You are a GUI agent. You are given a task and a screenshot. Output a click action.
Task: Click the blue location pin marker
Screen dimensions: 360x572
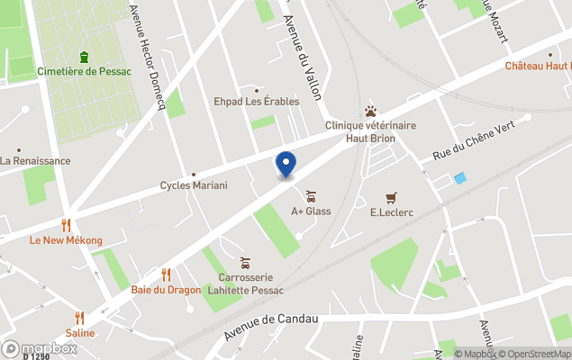286,164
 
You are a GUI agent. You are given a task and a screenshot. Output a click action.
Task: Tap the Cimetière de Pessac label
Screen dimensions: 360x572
85,72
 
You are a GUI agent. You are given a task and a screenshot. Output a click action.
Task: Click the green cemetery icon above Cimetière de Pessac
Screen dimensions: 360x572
85,57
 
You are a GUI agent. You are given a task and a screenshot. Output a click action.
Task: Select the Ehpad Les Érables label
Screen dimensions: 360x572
256,102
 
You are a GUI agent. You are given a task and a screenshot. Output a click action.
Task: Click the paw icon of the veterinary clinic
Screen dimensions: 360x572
370,112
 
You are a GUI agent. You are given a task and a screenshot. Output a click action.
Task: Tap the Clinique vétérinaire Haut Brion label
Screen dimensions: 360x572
370,132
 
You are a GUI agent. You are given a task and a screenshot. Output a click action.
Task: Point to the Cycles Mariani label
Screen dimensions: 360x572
194,185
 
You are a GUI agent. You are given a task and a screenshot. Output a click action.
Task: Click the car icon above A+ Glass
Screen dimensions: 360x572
311,195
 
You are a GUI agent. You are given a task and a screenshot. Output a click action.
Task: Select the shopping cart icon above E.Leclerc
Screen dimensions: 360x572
391,197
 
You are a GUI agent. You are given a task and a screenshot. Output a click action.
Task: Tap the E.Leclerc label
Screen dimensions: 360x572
391,212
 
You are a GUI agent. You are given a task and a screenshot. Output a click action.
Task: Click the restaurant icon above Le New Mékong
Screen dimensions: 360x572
66,225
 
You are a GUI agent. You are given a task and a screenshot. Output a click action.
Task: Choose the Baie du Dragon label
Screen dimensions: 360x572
166,290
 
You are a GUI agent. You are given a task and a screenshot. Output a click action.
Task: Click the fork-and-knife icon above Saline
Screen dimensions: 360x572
79,317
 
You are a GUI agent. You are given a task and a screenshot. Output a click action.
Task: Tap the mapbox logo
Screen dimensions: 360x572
40,348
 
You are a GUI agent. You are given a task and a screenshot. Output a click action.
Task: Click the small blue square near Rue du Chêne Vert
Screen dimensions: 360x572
460,178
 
